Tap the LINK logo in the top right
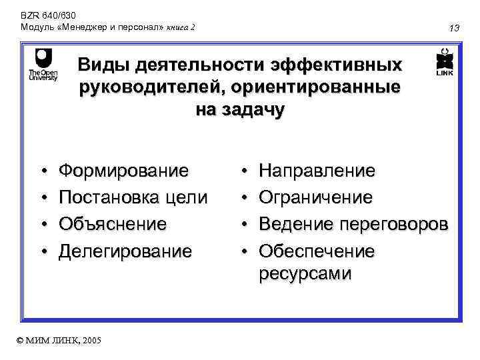444,64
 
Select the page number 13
455,28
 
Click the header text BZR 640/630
39,13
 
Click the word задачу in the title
253,109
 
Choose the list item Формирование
123,171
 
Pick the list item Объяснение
113,224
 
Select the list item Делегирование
125,251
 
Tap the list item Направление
317,171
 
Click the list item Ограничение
315,198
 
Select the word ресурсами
305,273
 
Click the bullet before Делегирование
42,251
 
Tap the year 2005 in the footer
91,341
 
